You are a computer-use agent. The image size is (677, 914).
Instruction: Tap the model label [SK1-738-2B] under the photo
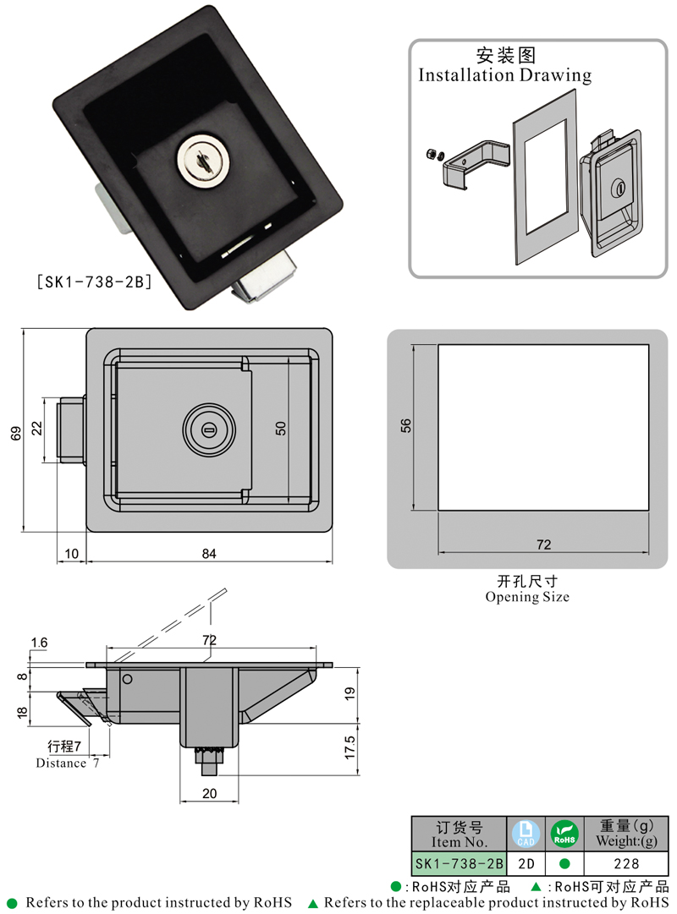[92, 281]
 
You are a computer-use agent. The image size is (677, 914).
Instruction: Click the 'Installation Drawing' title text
[505, 74]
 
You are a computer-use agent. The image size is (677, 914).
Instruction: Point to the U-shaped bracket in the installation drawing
[474, 165]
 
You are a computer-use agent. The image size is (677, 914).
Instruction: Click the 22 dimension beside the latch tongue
[36, 429]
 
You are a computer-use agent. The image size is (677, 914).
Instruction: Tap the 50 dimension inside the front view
[280, 429]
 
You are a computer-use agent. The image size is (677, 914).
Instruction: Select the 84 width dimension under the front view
[209, 554]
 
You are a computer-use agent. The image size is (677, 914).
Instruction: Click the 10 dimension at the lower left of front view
[71, 554]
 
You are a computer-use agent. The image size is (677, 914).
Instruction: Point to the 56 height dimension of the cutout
[405, 427]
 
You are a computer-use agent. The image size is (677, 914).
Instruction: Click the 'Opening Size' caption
[527, 597]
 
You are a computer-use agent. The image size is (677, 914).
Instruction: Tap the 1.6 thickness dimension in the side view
[39, 643]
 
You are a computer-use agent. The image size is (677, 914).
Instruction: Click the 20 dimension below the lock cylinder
[209, 794]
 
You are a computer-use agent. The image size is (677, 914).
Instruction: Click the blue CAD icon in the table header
[524, 835]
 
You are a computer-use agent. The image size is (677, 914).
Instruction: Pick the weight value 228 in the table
[627, 863]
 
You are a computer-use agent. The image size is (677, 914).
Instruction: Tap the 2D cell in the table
[524, 863]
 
